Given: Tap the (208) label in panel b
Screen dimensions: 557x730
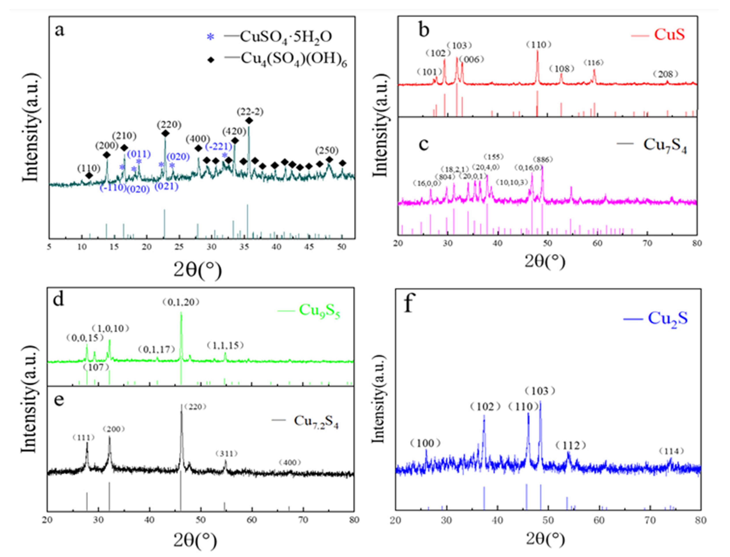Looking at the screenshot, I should (x=665, y=74).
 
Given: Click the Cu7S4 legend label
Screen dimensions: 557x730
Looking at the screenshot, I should (x=665, y=145).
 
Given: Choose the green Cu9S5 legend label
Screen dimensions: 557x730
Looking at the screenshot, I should (x=319, y=310).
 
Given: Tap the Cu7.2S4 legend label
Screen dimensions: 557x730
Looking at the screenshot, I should (x=316, y=421).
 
